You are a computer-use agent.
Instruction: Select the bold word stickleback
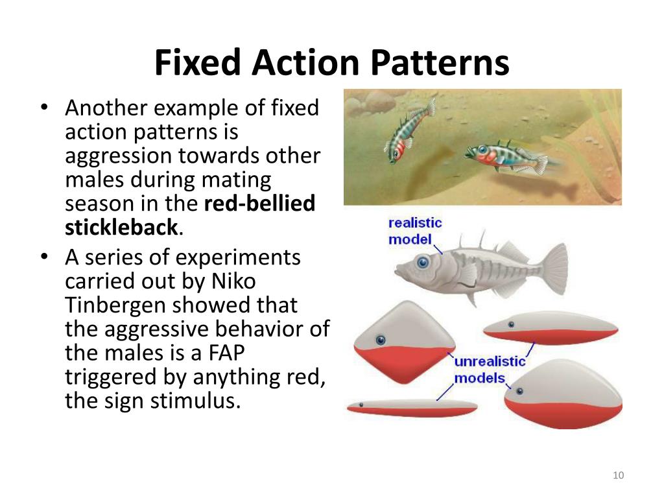pyautogui.click(x=121, y=228)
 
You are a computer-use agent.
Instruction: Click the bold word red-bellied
pyautogui.click(x=259, y=204)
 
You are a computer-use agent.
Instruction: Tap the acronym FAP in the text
pyautogui.click(x=230, y=353)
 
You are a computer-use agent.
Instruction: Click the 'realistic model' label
pyautogui.click(x=415, y=231)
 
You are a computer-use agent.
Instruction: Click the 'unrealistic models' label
pyautogui.click(x=490, y=370)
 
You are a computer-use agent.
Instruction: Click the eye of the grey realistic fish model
pyautogui.click(x=423, y=263)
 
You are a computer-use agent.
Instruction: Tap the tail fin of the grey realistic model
pyautogui.click(x=551, y=265)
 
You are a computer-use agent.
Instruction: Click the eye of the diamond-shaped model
pyautogui.click(x=380, y=339)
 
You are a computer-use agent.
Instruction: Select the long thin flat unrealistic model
pyautogui.click(x=412, y=408)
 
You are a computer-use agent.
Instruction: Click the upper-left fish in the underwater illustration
pyautogui.click(x=409, y=132)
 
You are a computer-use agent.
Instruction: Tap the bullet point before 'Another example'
pyautogui.click(x=43, y=109)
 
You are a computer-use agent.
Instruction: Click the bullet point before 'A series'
pyautogui.click(x=43, y=258)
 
